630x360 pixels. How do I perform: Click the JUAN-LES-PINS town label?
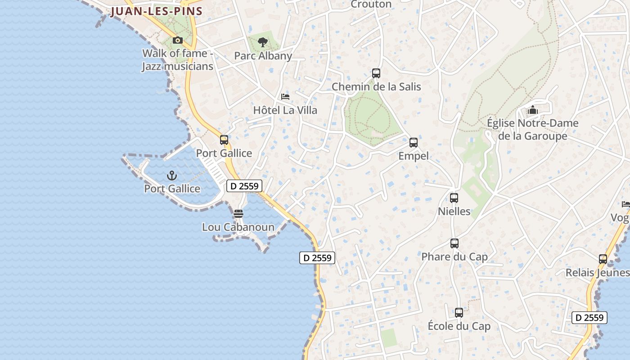coord(156,11)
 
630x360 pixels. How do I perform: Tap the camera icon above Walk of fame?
coord(178,40)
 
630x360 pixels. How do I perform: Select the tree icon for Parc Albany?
coord(263,43)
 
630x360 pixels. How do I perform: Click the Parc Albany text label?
coord(263,56)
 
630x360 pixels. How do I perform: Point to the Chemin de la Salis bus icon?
coord(376,73)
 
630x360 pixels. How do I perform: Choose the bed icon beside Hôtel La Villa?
coord(285,97)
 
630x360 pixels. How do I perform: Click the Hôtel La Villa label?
coord(285,110)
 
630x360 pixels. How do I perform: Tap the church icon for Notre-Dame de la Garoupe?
coord(533,110)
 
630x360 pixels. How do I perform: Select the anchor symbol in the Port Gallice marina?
coord(172,175)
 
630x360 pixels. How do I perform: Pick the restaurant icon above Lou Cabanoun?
coord(238,213)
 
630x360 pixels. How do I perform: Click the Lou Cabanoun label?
coord(238,227)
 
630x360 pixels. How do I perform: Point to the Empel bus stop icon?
coord(414,143)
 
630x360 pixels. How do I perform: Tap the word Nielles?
coord(454,211)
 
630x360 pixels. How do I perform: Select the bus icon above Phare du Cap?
coord(454,243)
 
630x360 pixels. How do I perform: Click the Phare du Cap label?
coord(454,257)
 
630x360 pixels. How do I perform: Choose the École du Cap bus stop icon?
coord(459,312)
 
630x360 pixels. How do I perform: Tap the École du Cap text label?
coord(459,326)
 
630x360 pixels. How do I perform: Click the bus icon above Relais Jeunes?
coord(603,259)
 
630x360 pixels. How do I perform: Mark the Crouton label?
coord(371,4)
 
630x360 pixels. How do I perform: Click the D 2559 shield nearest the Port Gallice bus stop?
coord(244,186)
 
